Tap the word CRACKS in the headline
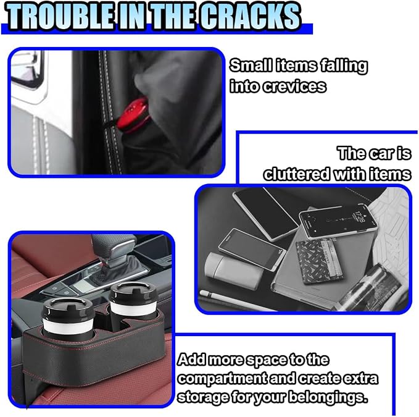[x=251, y=17]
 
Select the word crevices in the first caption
[x=294, y=86]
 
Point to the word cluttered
[x=297, y=174]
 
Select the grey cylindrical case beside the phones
[x=232, y=271]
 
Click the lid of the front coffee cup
[x=68, y=310]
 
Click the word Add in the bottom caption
[x=192, y=360]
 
